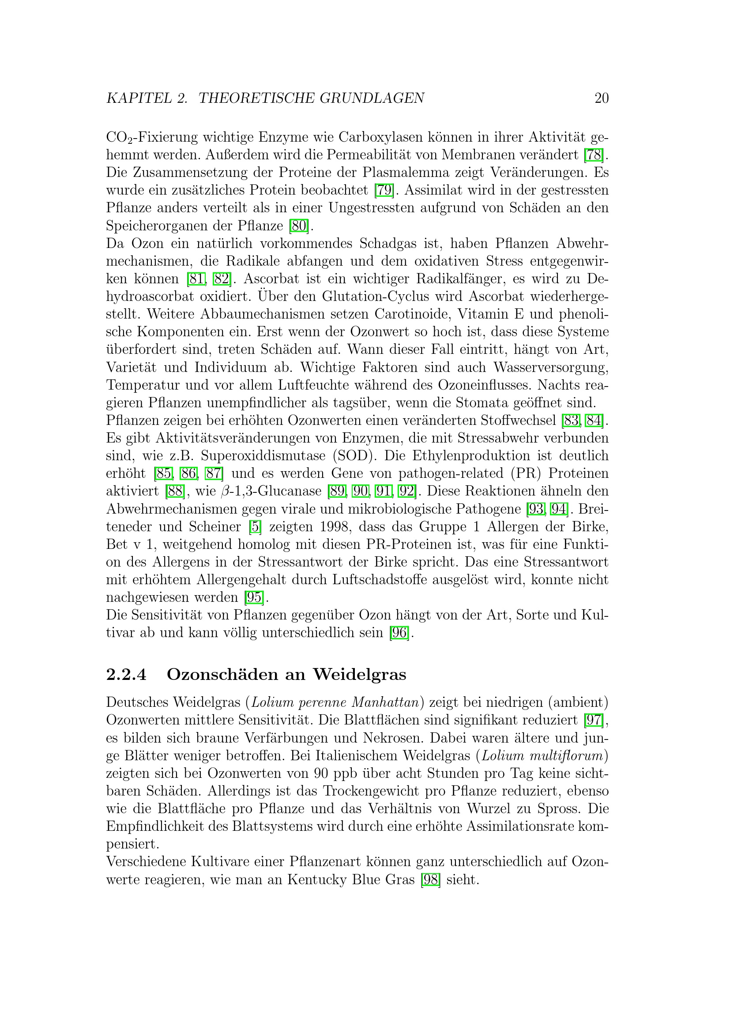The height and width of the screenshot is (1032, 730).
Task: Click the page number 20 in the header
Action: [602, 98]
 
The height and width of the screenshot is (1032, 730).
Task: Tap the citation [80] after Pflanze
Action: [299, 225]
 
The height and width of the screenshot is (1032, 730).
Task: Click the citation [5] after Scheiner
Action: [255, 526]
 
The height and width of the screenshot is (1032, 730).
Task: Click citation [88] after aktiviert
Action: [175, 491]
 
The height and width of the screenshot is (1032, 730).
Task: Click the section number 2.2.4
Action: [126, 675]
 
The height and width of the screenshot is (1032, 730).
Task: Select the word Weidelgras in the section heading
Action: [359, 675]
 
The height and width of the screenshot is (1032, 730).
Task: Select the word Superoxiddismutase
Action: [263, 456]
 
